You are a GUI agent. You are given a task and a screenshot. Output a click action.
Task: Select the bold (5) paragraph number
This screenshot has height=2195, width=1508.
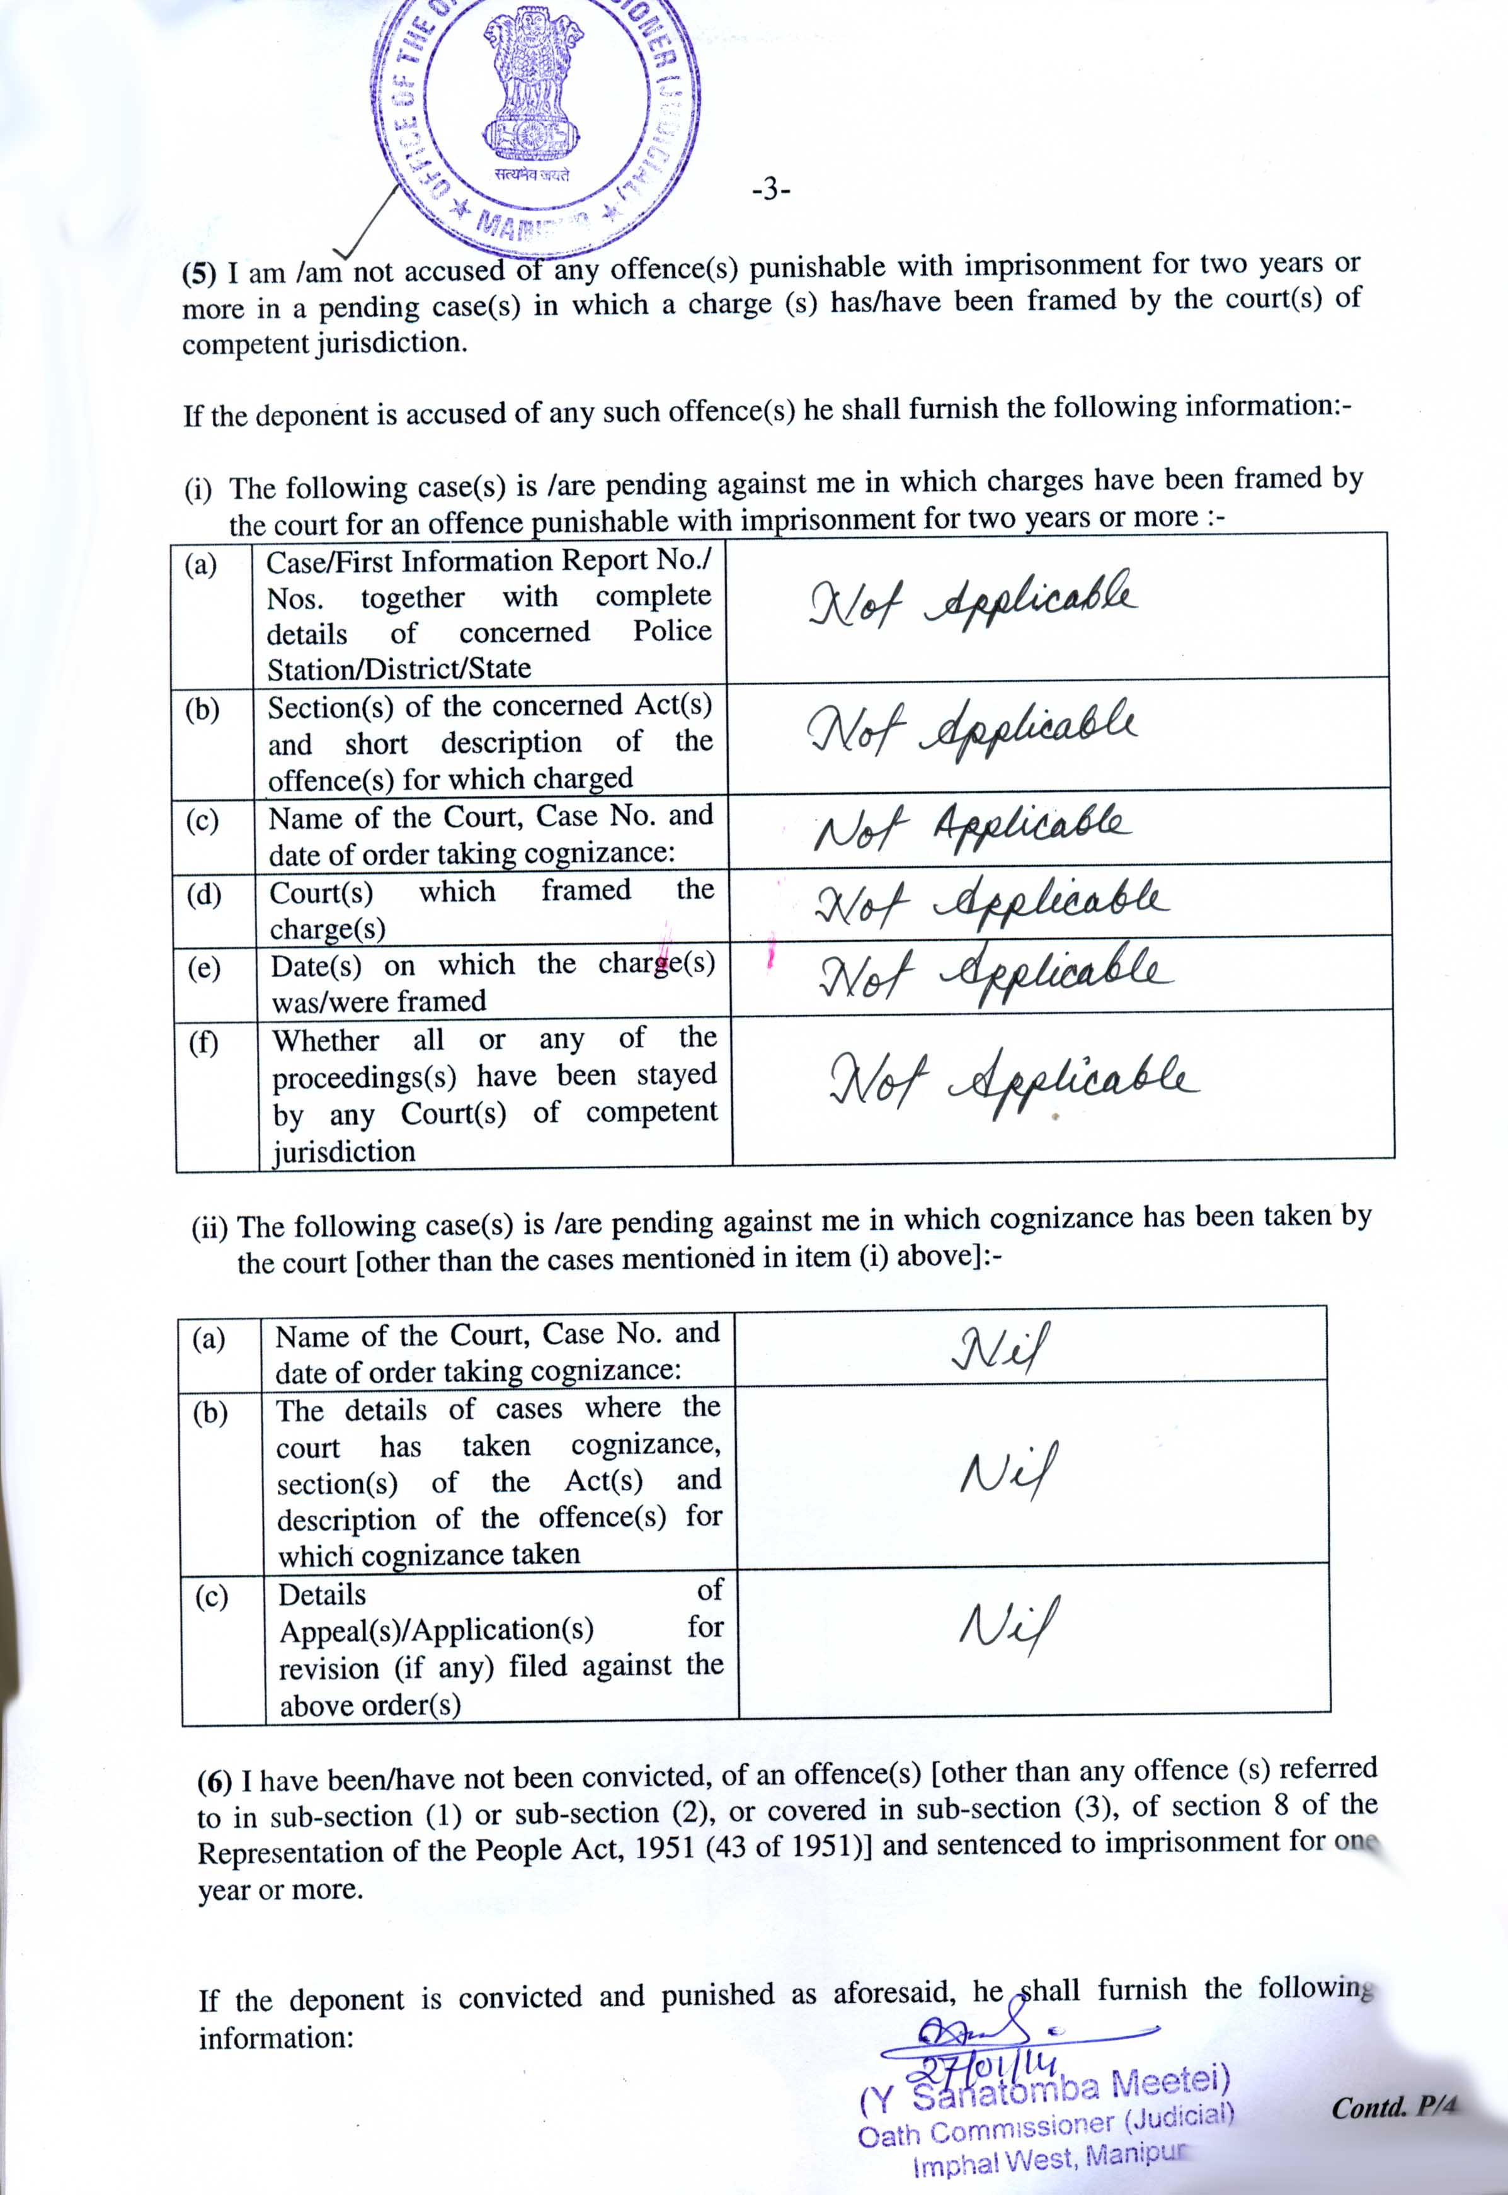[x=199, y=274]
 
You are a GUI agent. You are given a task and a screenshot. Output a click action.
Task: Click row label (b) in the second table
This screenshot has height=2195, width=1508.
[x=210, y=1412]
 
